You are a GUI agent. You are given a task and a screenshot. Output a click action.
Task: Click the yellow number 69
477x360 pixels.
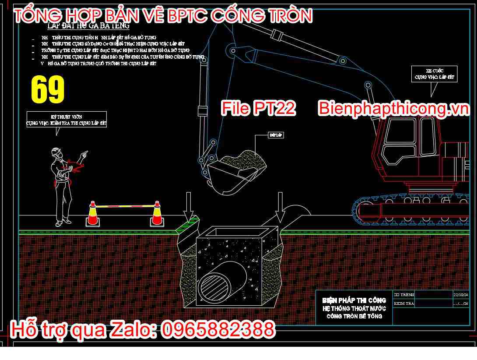pyautogui.click(x=48, y=90)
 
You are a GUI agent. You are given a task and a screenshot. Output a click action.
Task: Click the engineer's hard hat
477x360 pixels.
pyautogui.click(x=56, y=152)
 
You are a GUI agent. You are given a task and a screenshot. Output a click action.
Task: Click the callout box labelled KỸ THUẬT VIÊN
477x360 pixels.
pyautogui.click(x=66, y=120)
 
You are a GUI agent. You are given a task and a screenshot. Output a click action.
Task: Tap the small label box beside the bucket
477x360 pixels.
pyautogui.click(x=276, y=135)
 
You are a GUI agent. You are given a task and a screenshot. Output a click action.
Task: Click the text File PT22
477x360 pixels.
pyautogui.click(x=258, y=109)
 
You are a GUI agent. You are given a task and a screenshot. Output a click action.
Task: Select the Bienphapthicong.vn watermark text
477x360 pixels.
pyautogui.click(x=393, y=109)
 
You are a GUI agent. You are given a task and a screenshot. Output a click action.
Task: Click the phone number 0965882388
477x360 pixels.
pyautogui.click(x=218, y=330)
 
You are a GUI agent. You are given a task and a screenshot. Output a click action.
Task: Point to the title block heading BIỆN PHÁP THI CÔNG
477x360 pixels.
pyautogui.click(x=354, y=300)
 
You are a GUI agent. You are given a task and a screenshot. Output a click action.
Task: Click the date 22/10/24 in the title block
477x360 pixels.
pyautogui.click(x=461, y=295)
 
